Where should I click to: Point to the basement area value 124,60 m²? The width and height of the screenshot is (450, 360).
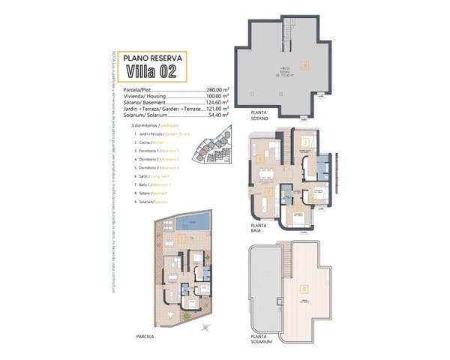218,103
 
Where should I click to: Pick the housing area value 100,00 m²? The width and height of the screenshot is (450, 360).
218,96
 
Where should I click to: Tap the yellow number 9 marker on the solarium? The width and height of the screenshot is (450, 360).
304,287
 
